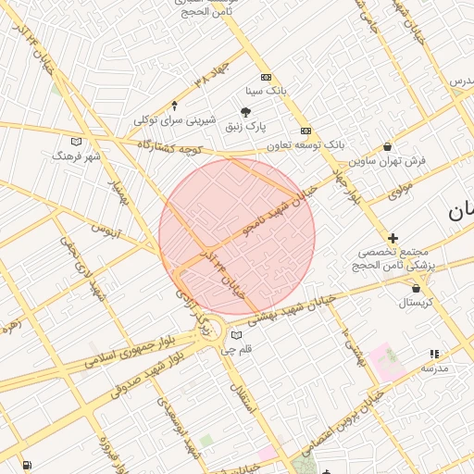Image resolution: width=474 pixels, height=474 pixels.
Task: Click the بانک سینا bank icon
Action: point(267,78)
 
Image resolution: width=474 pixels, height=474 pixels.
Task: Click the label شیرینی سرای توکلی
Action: point(175,120)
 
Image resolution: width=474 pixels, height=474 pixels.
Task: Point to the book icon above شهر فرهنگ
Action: point(76,142)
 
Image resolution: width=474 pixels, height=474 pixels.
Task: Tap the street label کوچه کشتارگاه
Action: point(169,148)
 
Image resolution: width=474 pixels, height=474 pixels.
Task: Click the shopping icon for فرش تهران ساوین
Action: point(386,146)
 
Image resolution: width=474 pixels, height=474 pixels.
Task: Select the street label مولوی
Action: point(400,192)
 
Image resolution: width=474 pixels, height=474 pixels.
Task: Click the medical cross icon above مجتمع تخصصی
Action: point(393,238)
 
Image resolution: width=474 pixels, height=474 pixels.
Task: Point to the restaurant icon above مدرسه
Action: point(434,354)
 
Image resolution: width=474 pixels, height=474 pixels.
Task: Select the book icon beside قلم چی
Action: point(237,335)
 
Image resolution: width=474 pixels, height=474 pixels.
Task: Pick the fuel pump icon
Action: point(25,464)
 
